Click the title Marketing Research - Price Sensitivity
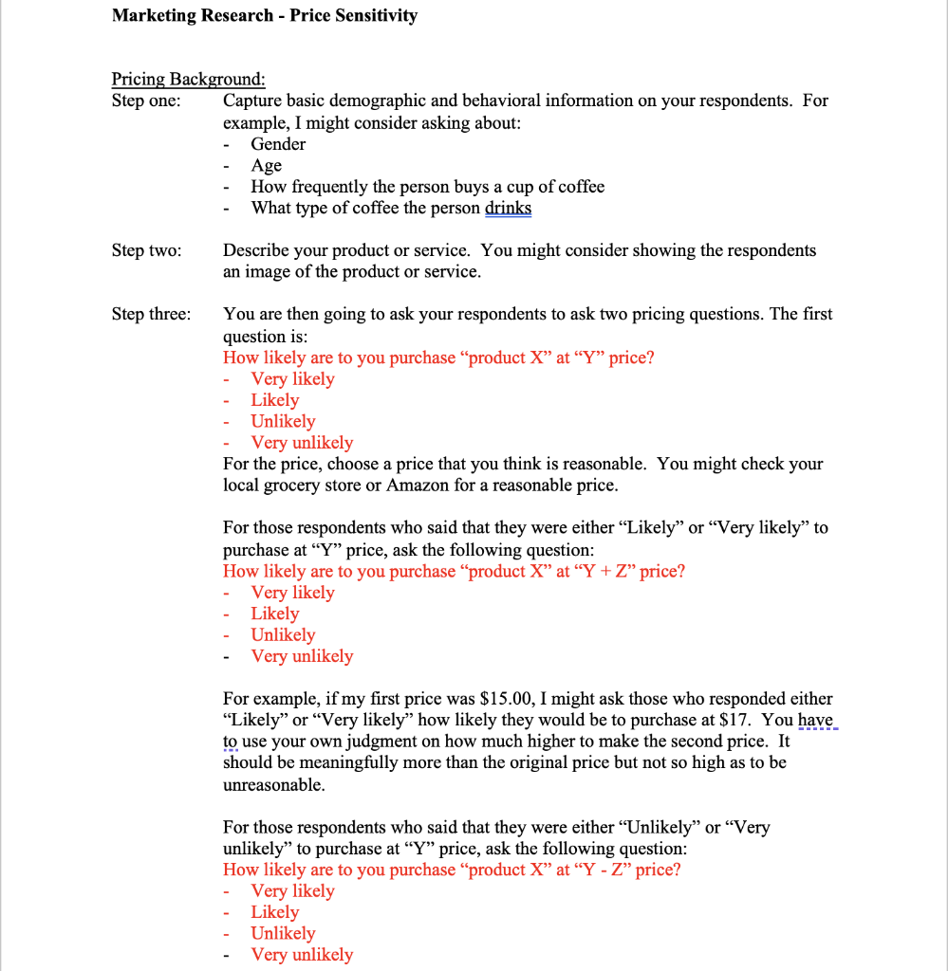click(264, 16)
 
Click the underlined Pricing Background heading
click(188, 79)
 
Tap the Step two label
click(146, 250)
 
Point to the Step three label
click(150, 314)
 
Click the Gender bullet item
click(278, 144)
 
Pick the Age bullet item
click(266, 166)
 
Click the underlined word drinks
click(508, 209)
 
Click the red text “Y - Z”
click(601, 870)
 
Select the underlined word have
click(815, 721)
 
